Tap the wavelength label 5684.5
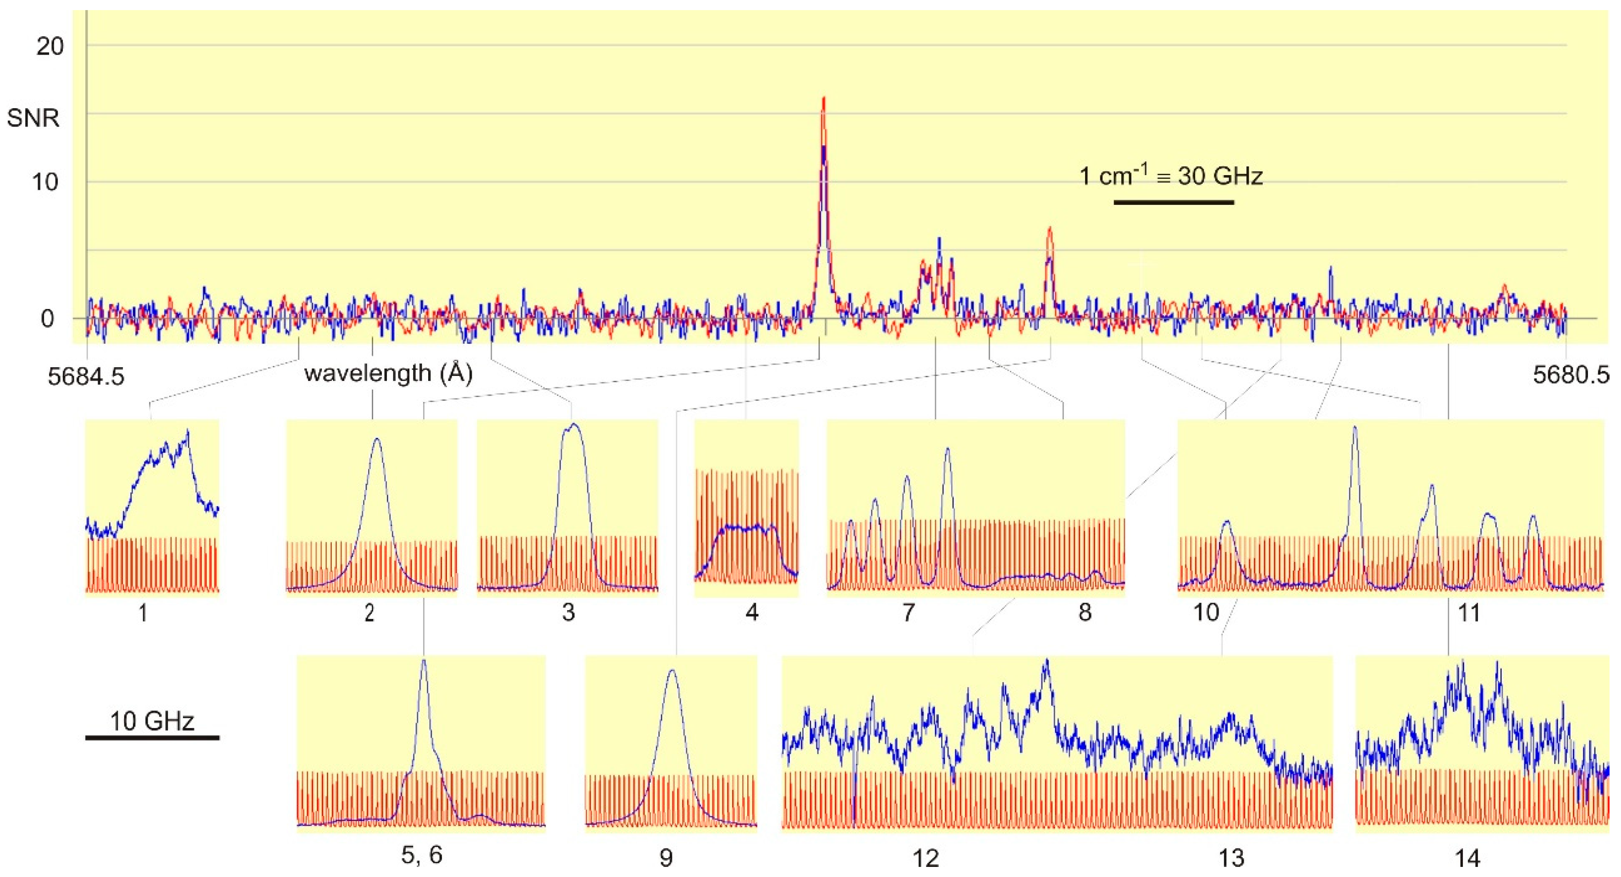click(x=86, y=376)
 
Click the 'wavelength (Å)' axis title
click(x=388, y=374)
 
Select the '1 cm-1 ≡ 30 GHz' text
click(x=1170, y=176)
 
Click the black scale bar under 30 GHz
click(x=1173, y=202)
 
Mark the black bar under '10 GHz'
click(x=152, y=737)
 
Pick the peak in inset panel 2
click(x=377, y=440)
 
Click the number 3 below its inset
click(x=568, y=612)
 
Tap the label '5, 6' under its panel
click(x=422, y=855)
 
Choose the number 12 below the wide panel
click(x=925, y=857)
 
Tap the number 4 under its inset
click(x=751, y=612)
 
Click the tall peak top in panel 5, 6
click(x=424, y=661)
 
